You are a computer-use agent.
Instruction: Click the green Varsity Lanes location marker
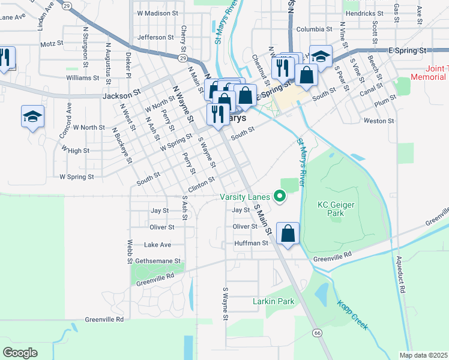pos(279,196)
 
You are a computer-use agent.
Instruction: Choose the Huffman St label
pos(251,243)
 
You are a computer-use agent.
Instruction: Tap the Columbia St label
pos(314,29)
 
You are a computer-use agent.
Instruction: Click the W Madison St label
pos(158,13)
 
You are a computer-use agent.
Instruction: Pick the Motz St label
pos(52,44)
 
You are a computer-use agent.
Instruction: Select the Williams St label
pos(83,77)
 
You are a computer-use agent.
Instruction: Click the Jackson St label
pos(121,94)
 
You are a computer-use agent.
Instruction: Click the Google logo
pos(20,352)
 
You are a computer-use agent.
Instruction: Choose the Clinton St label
pos(202,181)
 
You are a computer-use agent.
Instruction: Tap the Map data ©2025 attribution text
pos(423,355)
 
